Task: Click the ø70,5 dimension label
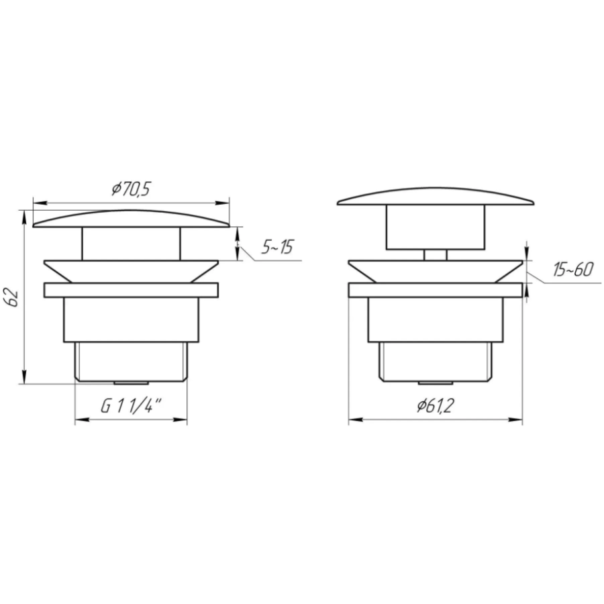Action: pos(131,189)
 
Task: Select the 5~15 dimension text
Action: pos(277,246)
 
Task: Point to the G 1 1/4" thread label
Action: pos(131,406)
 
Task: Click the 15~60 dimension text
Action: pos(573,269)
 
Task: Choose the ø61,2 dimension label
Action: pos(436,405)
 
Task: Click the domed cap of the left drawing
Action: pos(131,218)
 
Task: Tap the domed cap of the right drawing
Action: pos(436,197)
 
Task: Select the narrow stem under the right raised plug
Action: pos(436,255)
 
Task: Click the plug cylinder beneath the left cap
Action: pos(131,244)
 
